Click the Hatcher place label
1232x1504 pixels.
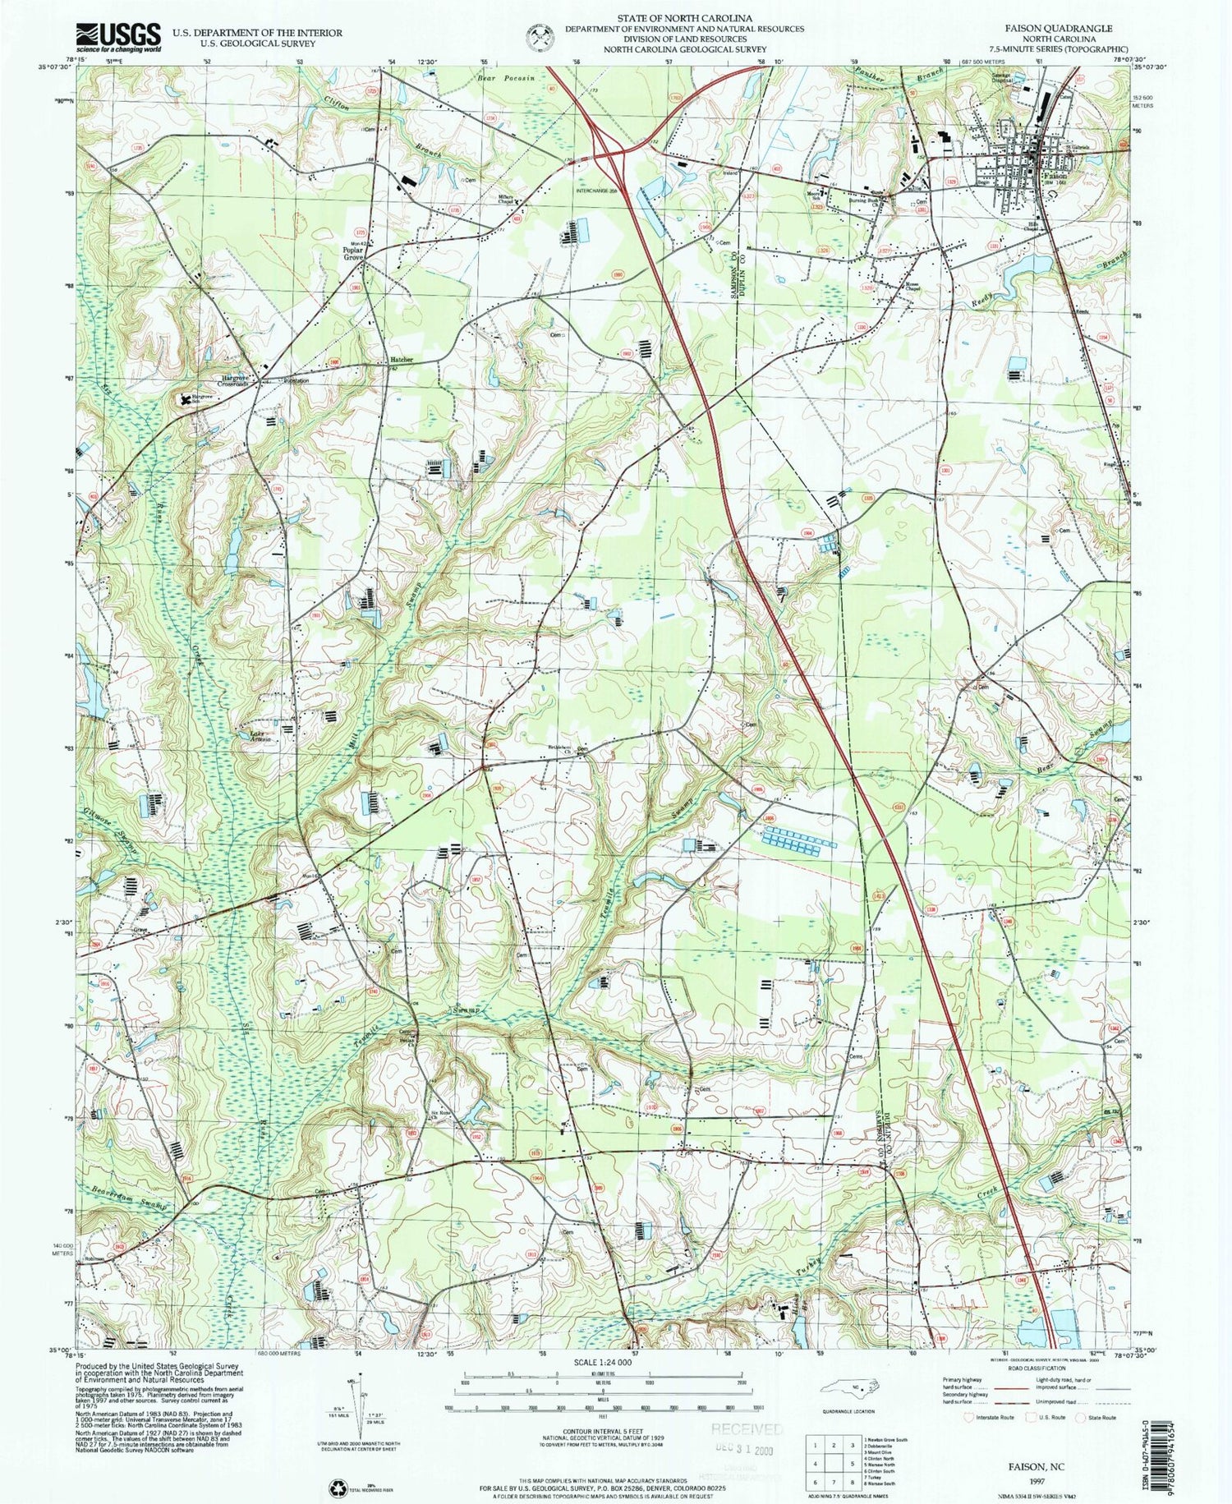[402, 360]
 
